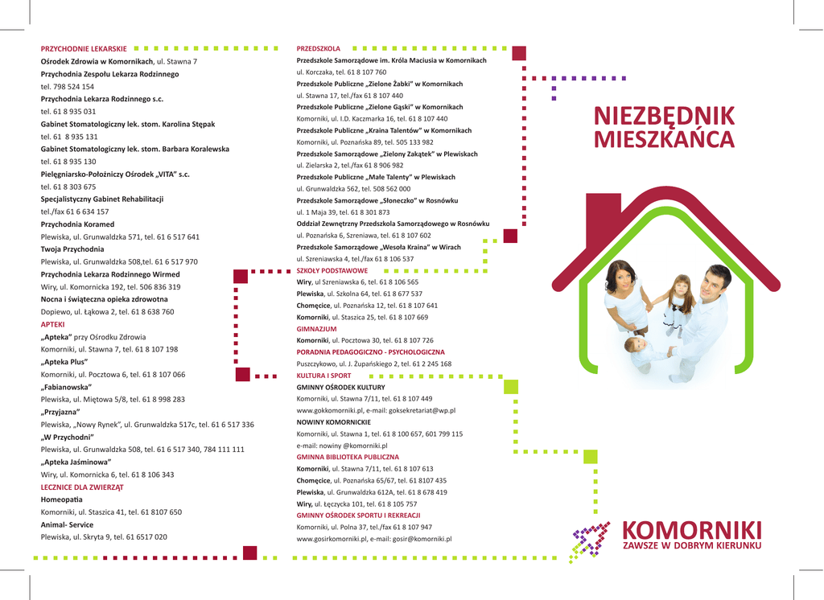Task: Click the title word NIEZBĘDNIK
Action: coord(664,116)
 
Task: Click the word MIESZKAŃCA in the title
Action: coord(664,140)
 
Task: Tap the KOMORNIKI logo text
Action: coord(691,531)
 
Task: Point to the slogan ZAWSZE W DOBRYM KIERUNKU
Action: coord(691,546)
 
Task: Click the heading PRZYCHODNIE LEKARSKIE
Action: coord(84,49)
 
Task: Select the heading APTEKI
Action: coord(52,324)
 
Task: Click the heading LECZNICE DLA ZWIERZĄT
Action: coord(82,487)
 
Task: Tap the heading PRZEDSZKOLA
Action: coord(319,49)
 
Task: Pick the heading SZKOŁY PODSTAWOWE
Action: coord(332,271)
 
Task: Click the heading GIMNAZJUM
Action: coord(316,329)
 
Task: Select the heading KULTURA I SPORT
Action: coord(323,376)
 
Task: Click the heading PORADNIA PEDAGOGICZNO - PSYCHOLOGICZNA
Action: coord(370,352)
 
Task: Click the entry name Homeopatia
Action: coord(61,499)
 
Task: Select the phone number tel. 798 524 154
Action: coord(68,86)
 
